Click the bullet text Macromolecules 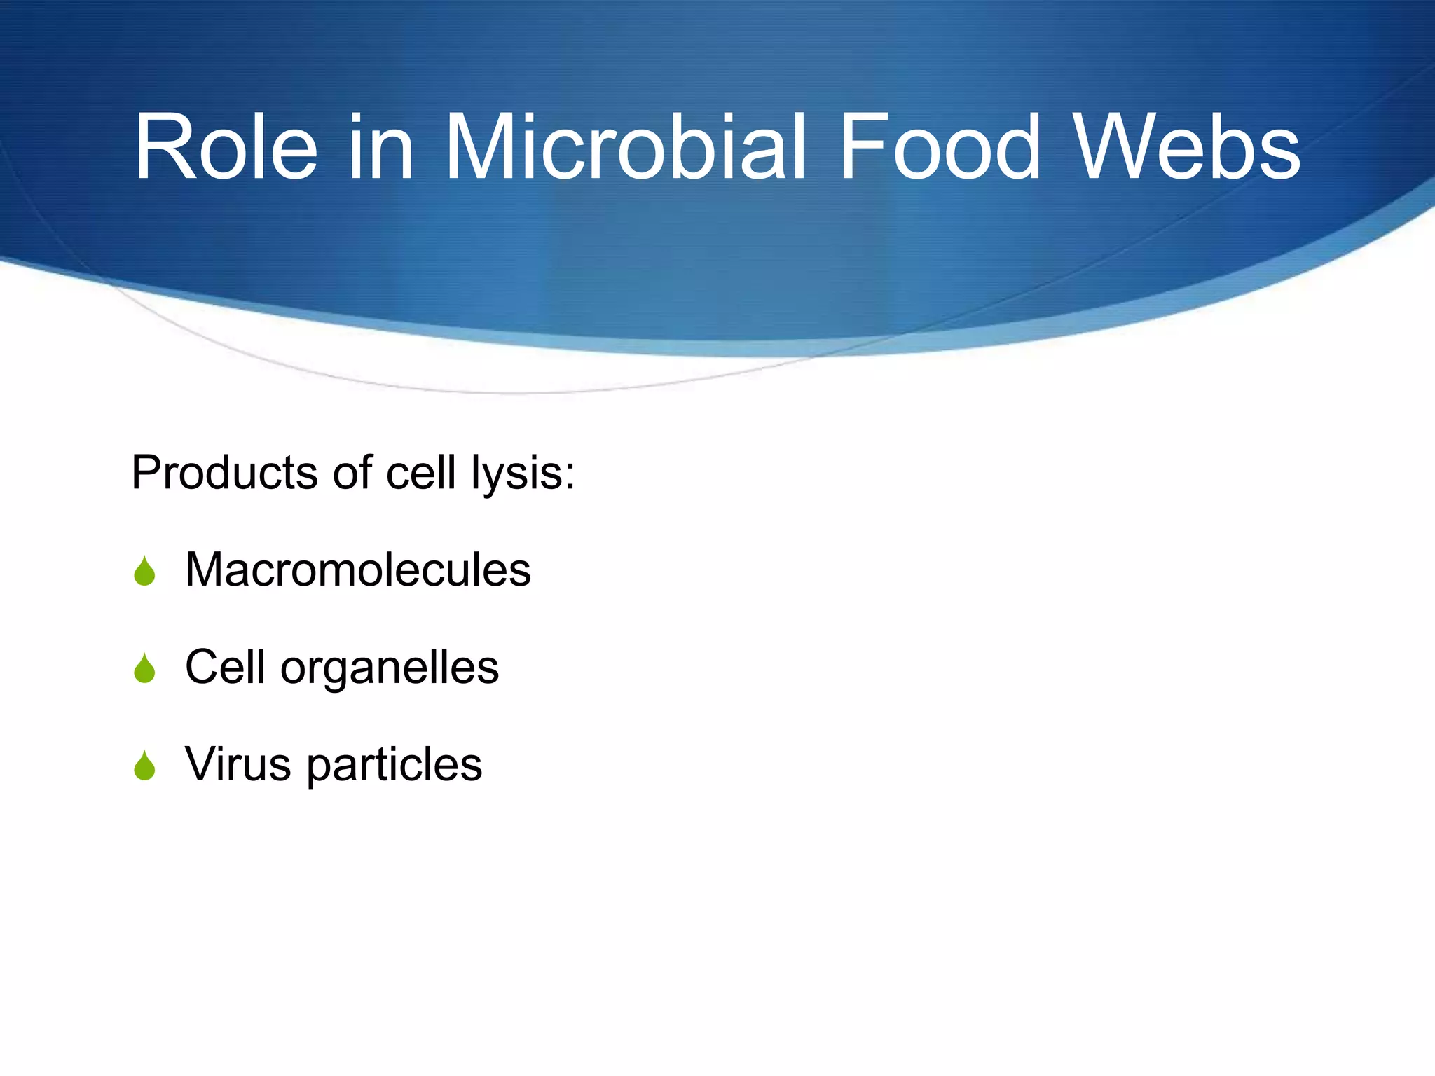coord(357,569)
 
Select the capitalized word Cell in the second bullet coord(225,666)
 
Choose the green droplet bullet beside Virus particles coord(144,766)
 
